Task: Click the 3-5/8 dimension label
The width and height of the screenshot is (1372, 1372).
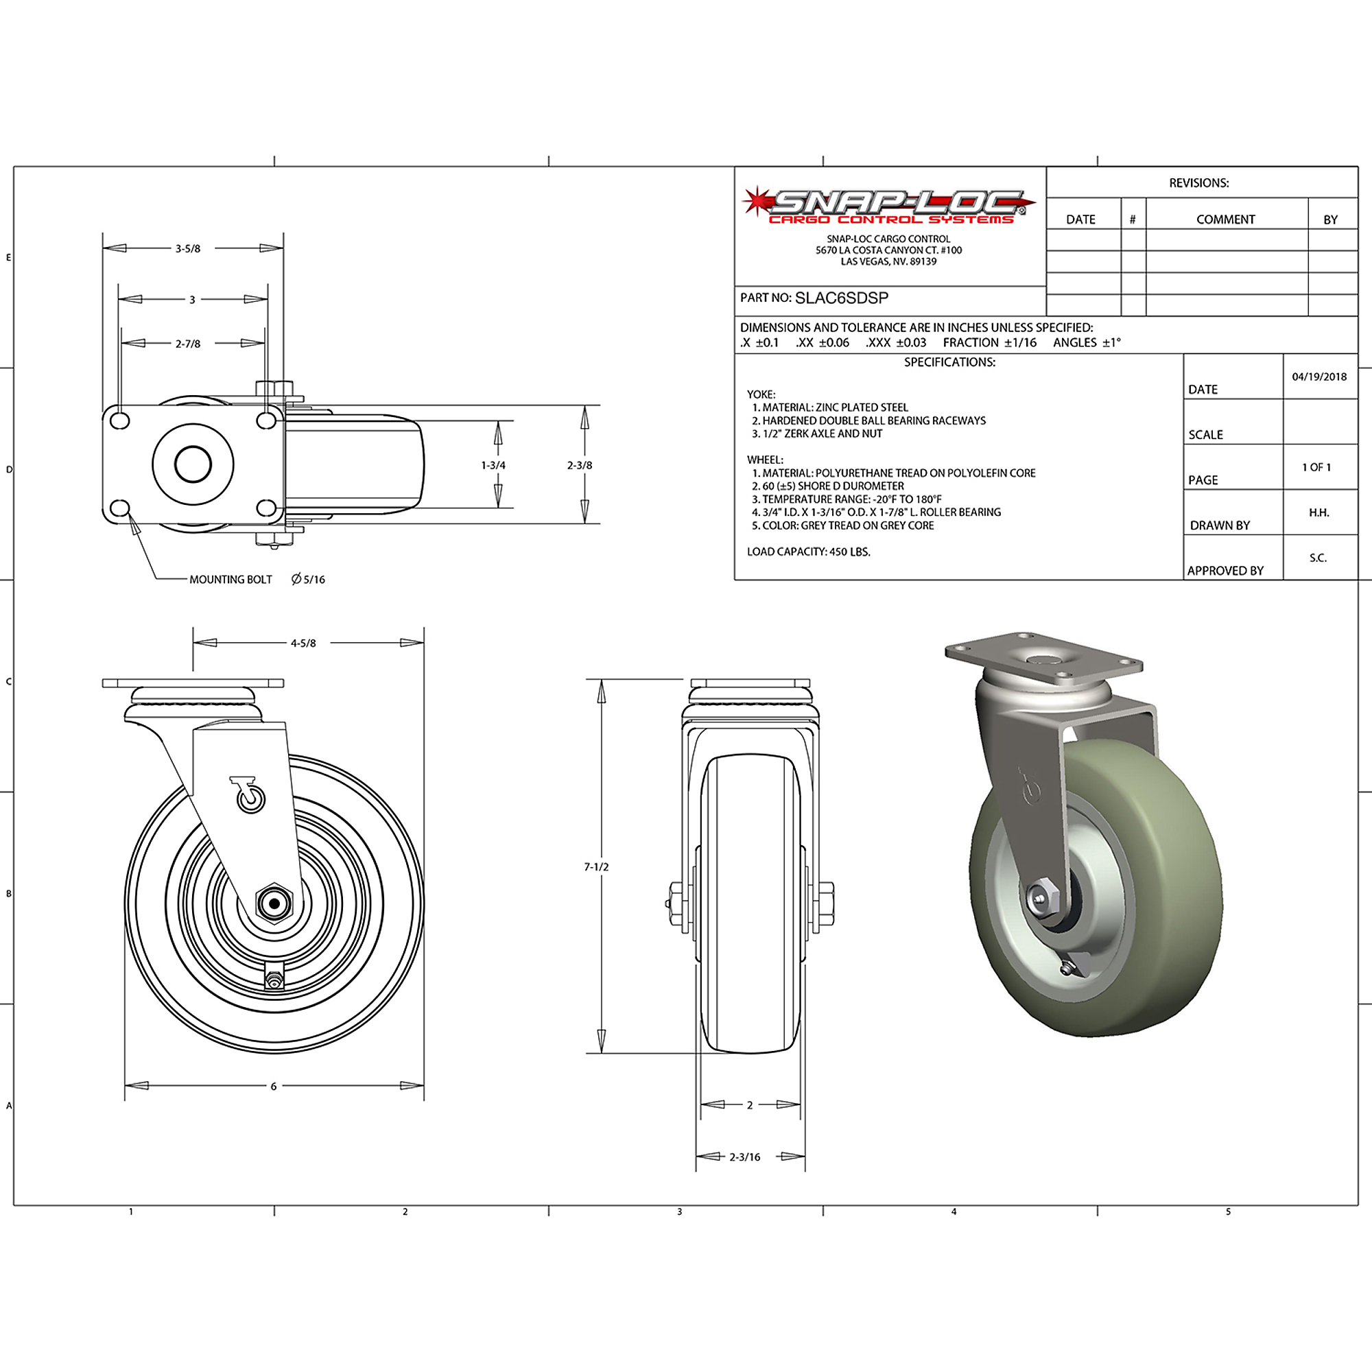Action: coord(188,248)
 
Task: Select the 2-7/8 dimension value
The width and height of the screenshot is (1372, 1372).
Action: coord(188,344)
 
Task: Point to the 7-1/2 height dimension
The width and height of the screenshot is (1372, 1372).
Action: coord(597,867)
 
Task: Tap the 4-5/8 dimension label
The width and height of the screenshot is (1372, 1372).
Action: coord(303,643)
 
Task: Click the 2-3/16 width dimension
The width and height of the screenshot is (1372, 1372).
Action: coord(745,1157)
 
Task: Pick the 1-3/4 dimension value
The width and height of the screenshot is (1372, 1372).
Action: coord(493,466)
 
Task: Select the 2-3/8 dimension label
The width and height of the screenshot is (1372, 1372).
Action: coord(580,466)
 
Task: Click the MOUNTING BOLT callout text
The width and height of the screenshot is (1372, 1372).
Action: coord(230,580)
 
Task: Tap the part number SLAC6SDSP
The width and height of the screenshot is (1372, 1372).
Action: coord(842,298)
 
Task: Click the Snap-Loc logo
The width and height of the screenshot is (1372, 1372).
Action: coord(888,206)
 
